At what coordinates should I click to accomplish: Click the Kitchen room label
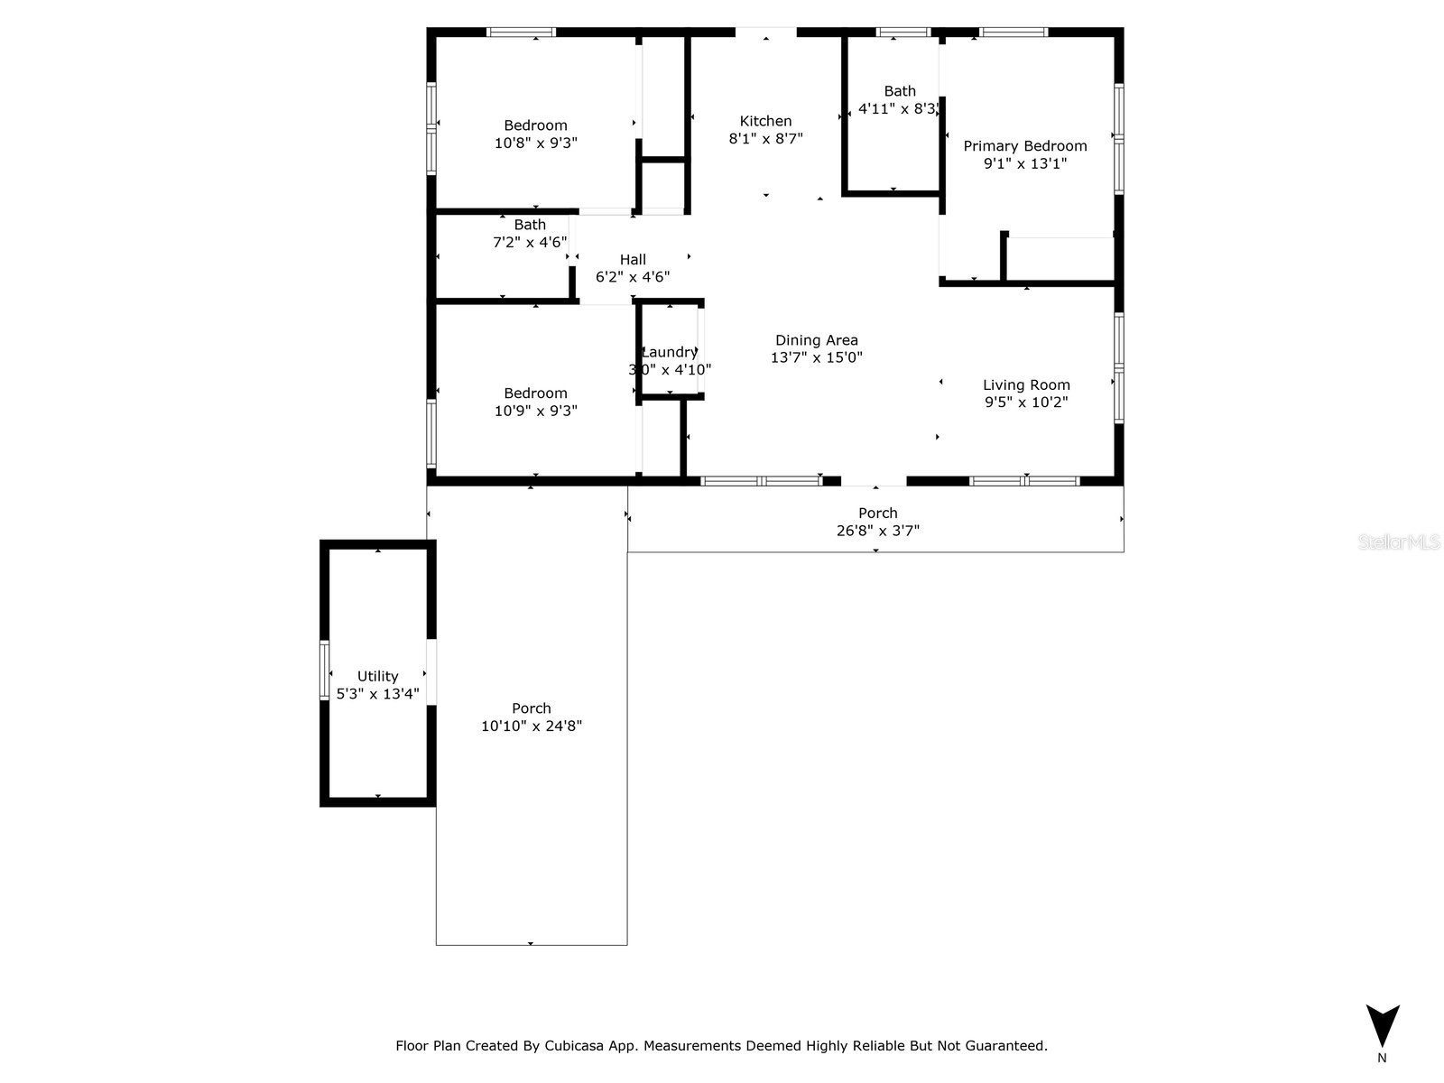(765, 121)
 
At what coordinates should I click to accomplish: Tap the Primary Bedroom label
(1025, 146)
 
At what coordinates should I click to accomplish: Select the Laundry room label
(670, 352)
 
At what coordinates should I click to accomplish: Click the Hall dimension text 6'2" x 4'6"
(633, 277)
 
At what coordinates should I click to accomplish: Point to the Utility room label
(377, 676)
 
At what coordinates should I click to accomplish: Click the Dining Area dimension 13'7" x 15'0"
(816, 357)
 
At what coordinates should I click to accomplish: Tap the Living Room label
(1026, 384)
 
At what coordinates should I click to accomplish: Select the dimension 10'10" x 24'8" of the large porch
(532, 726)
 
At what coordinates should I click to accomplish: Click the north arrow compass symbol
(1382, 1026)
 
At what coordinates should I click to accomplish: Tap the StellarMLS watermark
(1400, 541)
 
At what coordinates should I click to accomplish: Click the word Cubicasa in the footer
(578, 1046)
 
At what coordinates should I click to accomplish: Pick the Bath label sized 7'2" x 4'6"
(530, 225)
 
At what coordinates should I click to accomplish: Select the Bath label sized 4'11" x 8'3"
(900, 91)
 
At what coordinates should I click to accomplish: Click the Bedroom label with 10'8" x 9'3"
(535, 125)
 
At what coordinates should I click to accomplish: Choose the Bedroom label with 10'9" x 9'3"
(535, 393)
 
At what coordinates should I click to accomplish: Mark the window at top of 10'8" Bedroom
(522, 32)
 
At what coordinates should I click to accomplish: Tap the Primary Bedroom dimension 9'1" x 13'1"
(1025, 163)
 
